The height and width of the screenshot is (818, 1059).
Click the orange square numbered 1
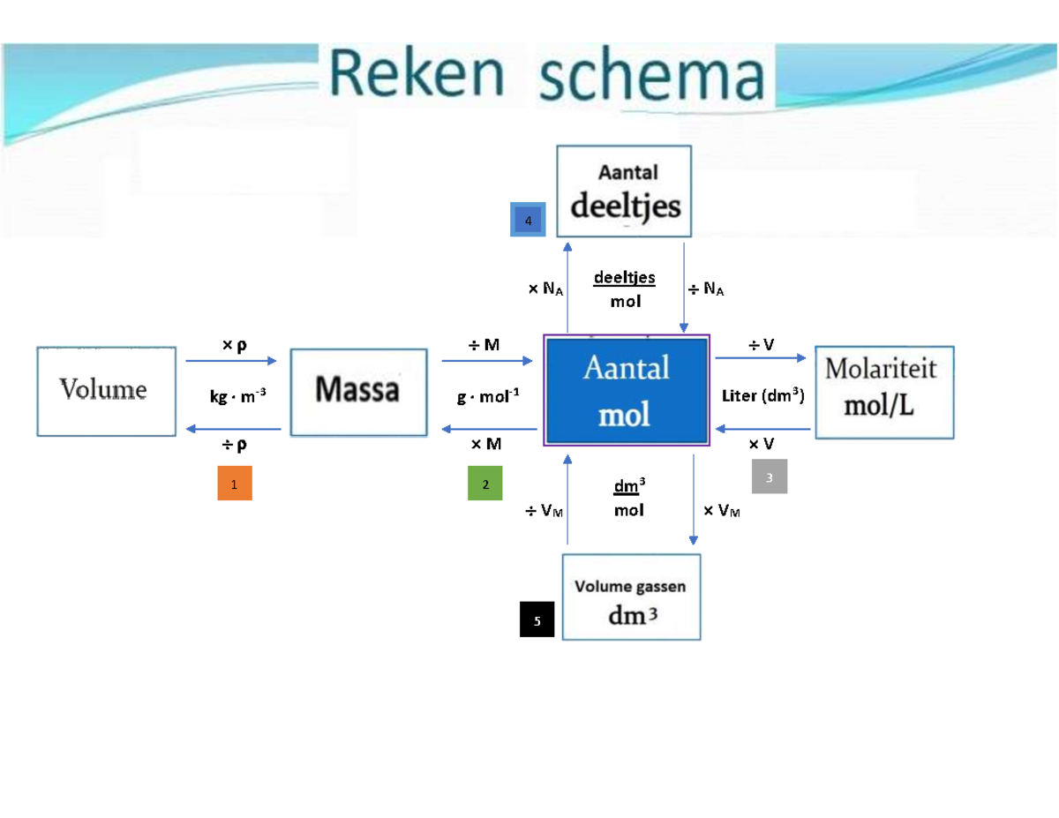coord(235,484)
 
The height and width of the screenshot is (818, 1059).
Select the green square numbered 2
coord(484,484)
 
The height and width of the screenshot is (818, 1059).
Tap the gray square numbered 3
coord(769,477)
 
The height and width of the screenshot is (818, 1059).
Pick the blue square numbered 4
coord(528,221)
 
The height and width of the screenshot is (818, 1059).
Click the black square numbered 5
coord(537,619)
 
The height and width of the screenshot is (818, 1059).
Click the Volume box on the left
coord(106,390)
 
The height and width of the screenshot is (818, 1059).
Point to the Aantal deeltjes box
coord(625,191)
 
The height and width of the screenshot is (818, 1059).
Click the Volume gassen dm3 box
coord(631,597)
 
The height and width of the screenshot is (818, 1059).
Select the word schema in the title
coord(650,77)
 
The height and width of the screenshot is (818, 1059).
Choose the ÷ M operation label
coord(484,345)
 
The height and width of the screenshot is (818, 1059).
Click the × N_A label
coord(546,289)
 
